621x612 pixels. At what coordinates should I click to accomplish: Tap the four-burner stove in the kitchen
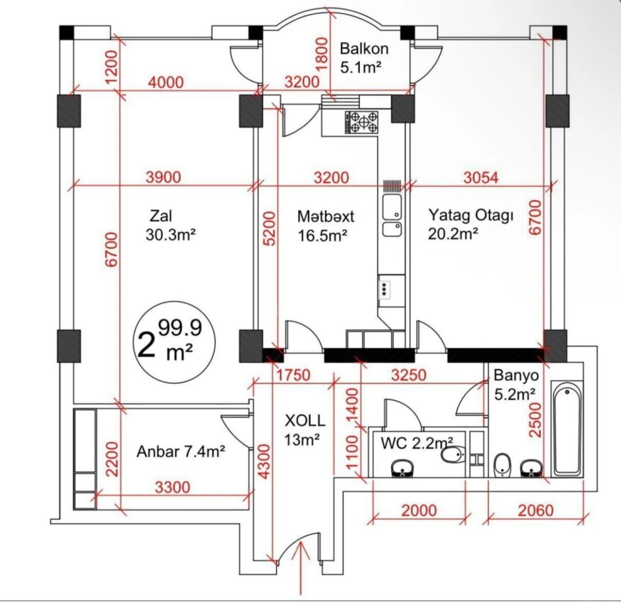[x=361, y=122]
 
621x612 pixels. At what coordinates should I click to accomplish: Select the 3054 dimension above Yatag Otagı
[x=481, y=177]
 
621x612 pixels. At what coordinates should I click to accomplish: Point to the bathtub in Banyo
[x=567, y=429]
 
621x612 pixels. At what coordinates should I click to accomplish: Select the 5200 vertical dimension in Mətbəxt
[x=270, y=228]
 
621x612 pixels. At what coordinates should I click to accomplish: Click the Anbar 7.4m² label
[x=180, y=452]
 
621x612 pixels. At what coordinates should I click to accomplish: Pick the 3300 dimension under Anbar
[x=172, y=487]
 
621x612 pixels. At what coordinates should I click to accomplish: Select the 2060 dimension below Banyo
[x=535, y=511]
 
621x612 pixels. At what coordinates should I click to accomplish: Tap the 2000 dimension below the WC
[x=419, y=511]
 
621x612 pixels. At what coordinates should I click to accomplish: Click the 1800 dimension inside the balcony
[x=322, y=54]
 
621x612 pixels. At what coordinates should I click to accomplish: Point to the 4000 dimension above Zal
[x=166, y=82]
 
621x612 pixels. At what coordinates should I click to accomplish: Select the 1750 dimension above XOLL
[x=293, y=375]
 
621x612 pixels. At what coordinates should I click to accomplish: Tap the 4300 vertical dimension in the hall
[x=264, y=461]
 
